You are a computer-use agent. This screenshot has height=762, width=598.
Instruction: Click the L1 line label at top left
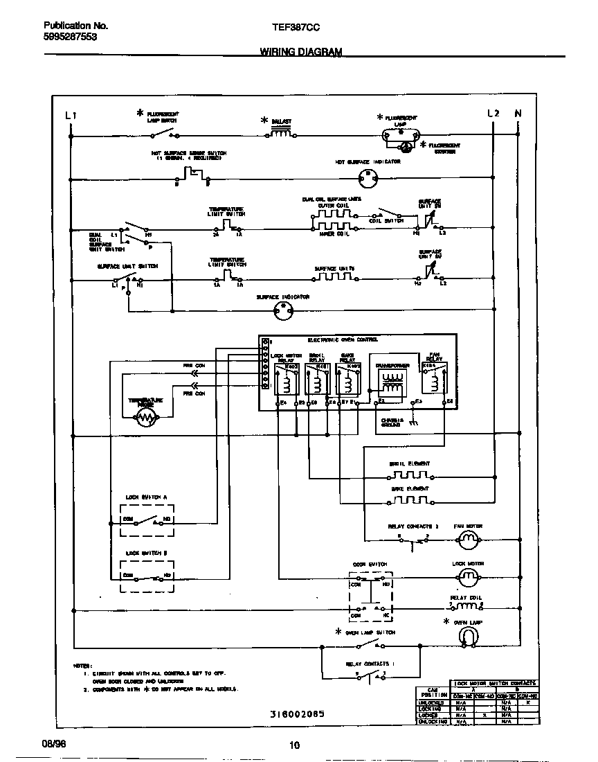tap(70, 115)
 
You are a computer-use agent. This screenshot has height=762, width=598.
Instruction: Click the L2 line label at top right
tap(493, 114)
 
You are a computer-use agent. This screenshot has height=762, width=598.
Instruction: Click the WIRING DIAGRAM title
tap(300, 52)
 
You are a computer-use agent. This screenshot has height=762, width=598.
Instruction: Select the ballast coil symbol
tap(280, 134)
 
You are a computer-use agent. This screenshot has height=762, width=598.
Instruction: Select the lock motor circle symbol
tap(469, 576)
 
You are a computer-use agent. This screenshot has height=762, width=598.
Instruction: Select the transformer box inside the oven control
tap(392, 382)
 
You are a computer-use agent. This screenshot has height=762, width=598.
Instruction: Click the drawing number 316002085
tap(297, 713)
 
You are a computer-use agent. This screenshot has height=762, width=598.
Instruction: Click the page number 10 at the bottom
tap(296, 745)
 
